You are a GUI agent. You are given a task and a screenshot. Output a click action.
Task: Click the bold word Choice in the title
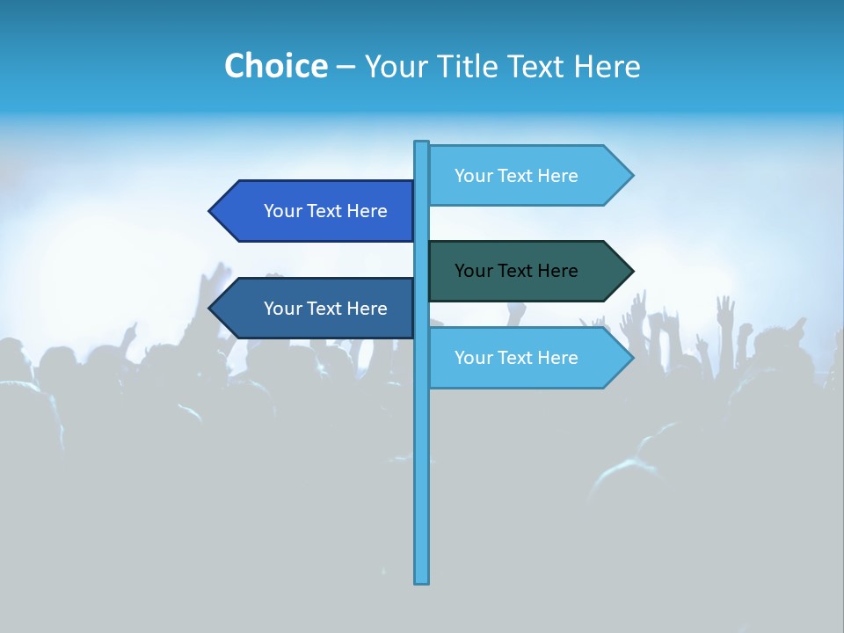click(275, 66)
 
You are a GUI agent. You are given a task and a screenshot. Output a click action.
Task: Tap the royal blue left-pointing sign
click(316, 211)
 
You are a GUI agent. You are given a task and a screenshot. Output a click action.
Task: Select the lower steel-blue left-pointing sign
click(316, 309)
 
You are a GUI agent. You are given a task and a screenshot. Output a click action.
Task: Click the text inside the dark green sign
click(516, 271)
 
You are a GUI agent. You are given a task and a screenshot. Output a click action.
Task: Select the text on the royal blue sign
click(325, 211)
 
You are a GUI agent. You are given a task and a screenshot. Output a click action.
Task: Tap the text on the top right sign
click(516, 176)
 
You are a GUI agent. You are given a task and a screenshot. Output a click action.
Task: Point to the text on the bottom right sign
click(516, 358)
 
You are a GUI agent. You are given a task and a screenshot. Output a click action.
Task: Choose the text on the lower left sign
click(325, 309)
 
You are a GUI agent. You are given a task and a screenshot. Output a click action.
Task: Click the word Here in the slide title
click(607, 66)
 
